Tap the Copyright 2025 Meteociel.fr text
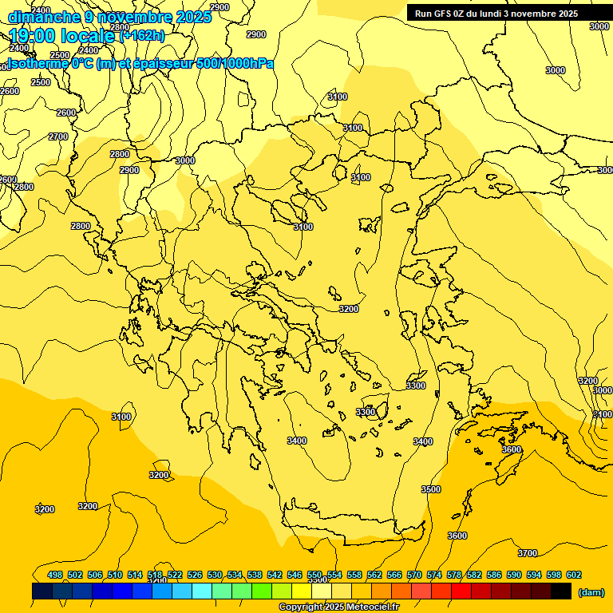[338, 607]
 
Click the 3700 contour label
[527, 553]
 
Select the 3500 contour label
[430, 489]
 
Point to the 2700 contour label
[57, 136]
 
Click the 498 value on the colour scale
[55, 575]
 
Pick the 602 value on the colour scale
[573, 575]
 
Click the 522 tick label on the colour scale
[175, 575]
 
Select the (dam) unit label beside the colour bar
[591, 591]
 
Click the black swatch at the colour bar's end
[561, 591]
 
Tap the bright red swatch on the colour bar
[461, 591]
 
